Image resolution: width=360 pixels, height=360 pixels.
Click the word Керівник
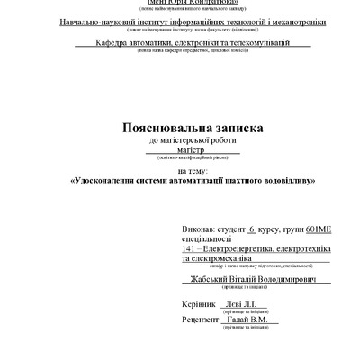pyautogui.click(x=201, y=305)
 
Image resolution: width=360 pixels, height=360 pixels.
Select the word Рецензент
pyautogui.click(x=202, y=319)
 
